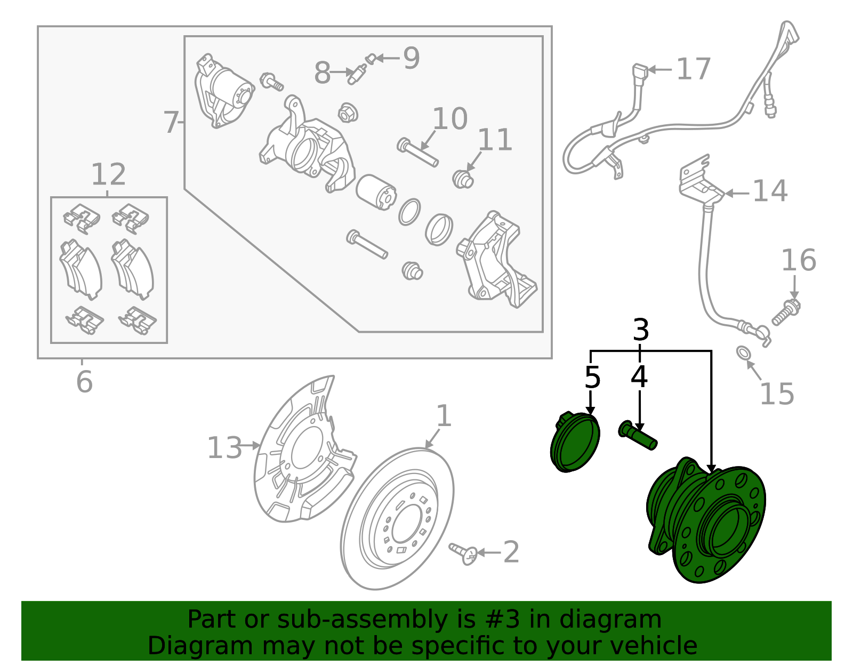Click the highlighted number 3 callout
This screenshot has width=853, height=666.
(x=641, y=331)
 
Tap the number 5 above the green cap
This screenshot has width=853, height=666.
(x=592, y=378)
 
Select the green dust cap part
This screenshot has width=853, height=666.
(x=575, y=443)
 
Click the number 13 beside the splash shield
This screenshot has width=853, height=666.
(x=224, y=447)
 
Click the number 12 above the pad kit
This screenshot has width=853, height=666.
(x=108, y=174)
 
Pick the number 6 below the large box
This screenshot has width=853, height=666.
(x=84, y=382)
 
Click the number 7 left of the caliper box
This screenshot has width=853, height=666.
(x=171, y=123)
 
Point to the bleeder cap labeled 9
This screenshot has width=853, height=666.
(x=371, y=58)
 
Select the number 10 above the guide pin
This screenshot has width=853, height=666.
(x=450, y=118)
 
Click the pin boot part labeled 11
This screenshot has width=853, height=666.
(x=463, y=179)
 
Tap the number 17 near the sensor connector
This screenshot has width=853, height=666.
(x=693, y=69)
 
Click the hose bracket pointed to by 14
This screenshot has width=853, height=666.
(x=698, y=181)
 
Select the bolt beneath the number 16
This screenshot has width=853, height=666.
(x=786, y=313)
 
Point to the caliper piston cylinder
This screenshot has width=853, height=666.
(x=376, y=192)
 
